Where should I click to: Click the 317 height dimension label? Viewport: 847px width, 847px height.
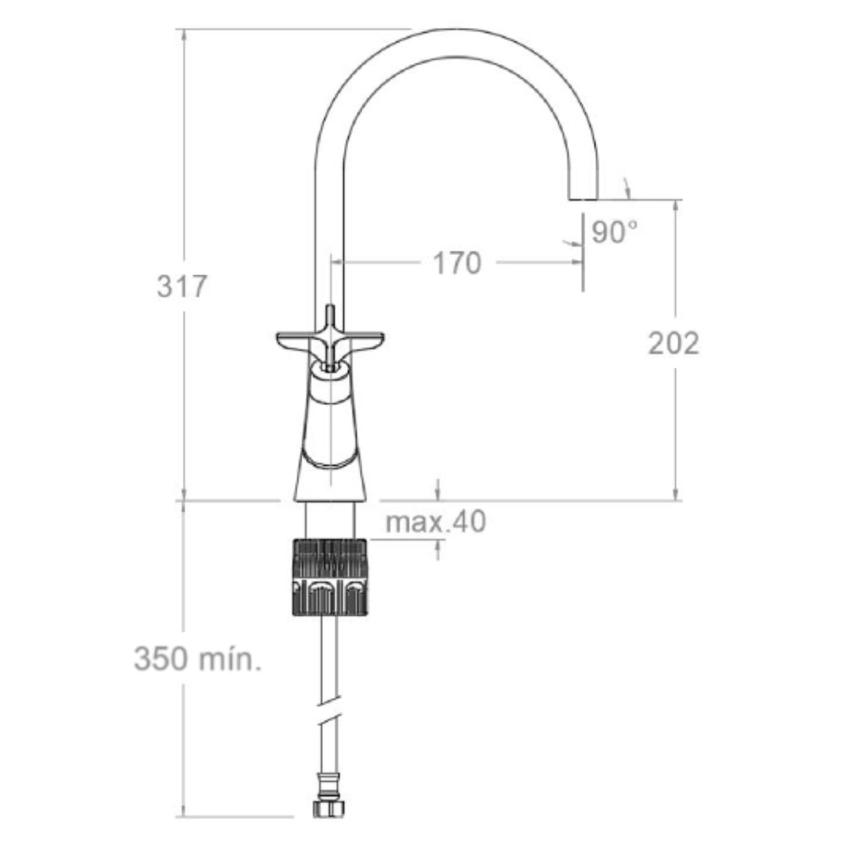tap(181, 286)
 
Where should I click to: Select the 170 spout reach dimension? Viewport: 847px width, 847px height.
tap(457, 263)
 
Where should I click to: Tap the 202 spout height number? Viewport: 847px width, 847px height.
tap(674, 343)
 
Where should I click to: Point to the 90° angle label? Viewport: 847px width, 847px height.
tap(614, 232)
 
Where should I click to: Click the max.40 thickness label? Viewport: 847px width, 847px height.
tap(435, 523)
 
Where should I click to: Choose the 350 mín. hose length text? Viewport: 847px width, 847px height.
tap(197, 658)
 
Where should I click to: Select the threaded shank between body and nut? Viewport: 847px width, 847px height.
tap(329, 519)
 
